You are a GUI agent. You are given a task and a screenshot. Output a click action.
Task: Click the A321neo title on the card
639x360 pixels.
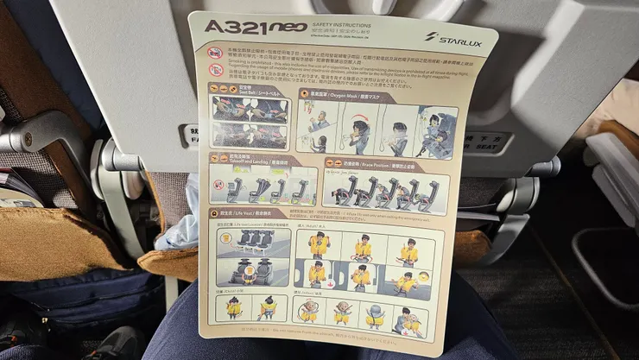coord(255,27)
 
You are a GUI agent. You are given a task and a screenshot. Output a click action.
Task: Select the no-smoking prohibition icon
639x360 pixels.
coord(214,53)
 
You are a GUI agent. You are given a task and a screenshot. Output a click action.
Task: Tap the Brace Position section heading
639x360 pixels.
coord(367,163)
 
